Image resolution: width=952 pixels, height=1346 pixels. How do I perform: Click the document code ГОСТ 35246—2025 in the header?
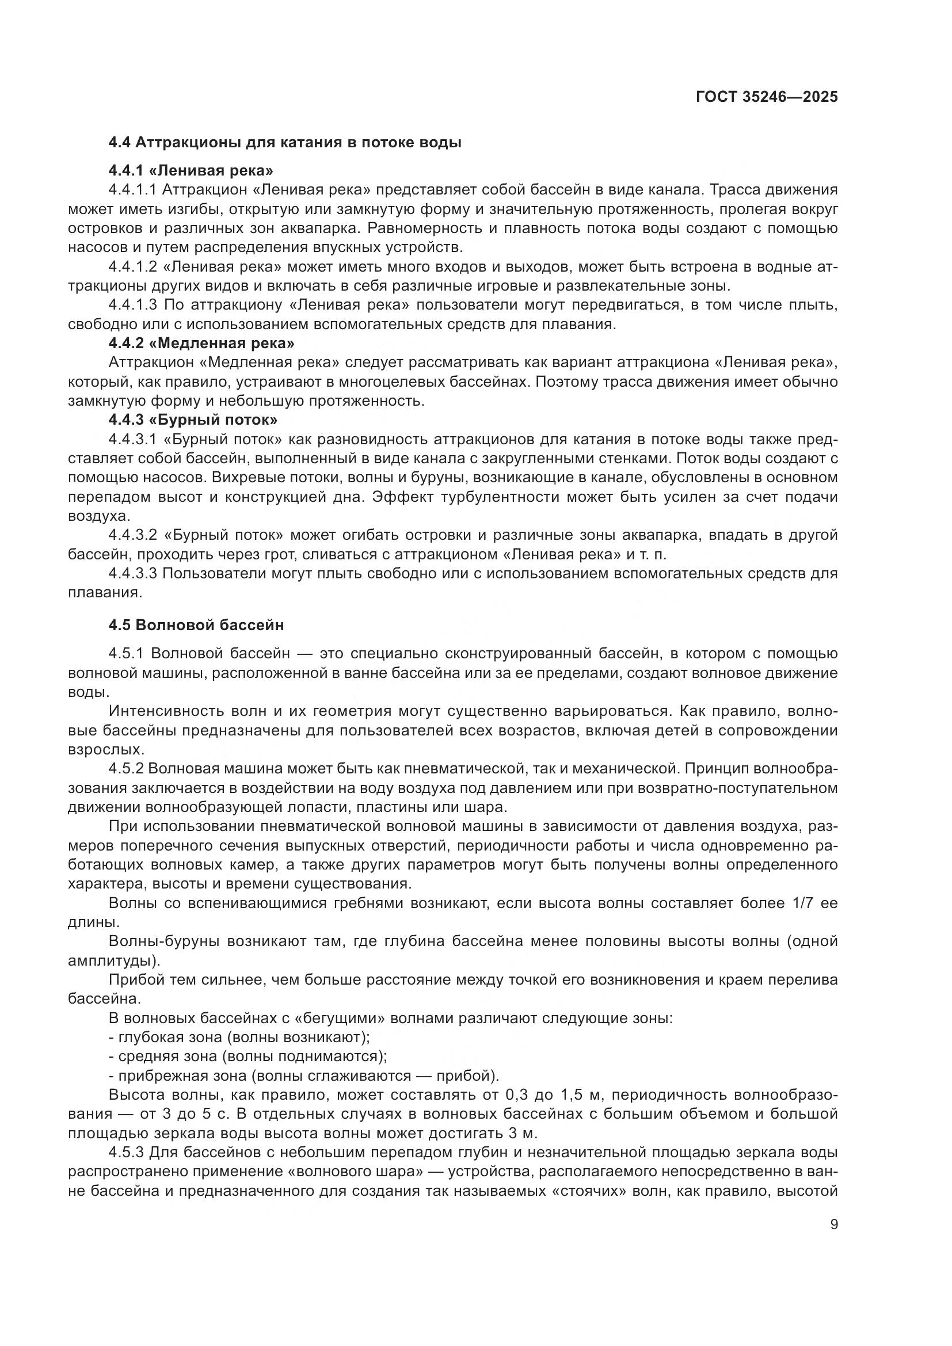point(767,97)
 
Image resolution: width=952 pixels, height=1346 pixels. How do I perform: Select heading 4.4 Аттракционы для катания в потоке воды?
point(285,143)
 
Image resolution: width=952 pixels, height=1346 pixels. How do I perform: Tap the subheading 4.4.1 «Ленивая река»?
point(191,170)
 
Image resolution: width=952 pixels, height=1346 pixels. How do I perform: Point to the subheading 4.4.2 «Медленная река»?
point(201,343)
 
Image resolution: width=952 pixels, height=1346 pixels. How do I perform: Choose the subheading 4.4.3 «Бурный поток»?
point(193,420)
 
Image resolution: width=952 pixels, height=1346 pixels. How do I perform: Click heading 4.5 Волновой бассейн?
point(196,625)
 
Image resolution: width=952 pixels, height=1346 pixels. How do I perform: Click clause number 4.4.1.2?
point(133,268)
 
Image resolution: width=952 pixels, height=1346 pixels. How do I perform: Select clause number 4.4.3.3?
point(133,573)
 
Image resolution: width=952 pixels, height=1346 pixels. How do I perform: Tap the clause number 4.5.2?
point(126,769)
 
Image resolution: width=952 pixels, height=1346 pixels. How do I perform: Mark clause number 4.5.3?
point(126,1153)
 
